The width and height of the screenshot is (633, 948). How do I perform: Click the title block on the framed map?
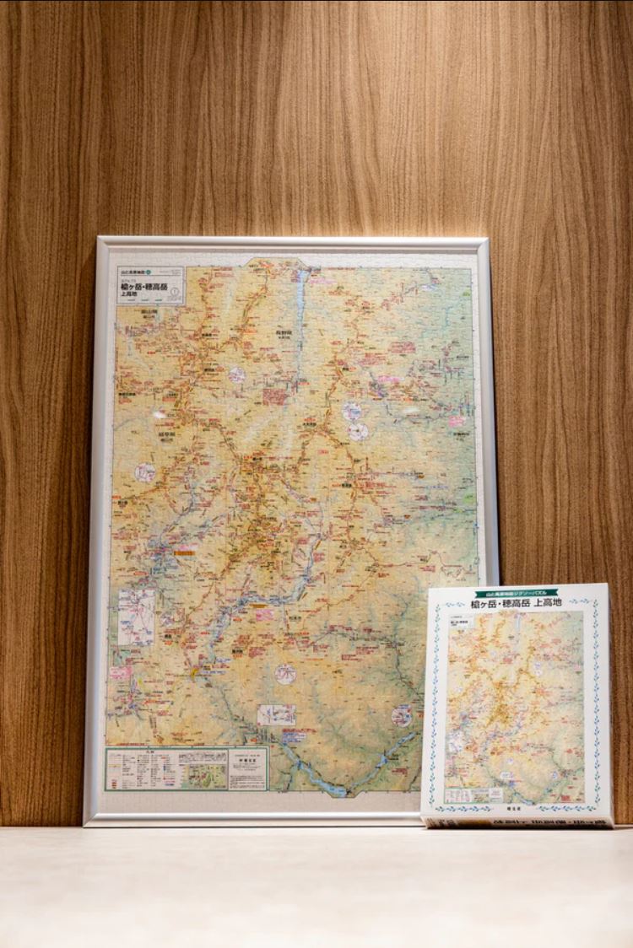click(x=150, y=286)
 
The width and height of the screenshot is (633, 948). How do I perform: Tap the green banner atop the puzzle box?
click(x=517, y=594)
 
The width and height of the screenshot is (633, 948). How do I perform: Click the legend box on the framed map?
click(x=165, y=768)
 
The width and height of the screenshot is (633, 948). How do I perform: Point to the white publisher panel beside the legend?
click(x=247, y=768)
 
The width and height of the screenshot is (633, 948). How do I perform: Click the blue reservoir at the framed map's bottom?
click(x=334, y=789)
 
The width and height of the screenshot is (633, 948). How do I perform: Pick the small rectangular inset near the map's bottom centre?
click(x=277, y=714)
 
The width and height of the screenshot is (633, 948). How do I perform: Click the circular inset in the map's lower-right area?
click(x=402, y=716)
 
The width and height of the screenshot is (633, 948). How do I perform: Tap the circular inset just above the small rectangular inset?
click(x=285, y=673)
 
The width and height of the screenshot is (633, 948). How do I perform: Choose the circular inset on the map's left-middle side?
click(x=146, y=472)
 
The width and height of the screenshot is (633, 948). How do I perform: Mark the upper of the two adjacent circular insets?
click(x=352, y=412)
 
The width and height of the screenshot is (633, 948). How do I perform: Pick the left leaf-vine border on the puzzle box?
click(x=436, y=704)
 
